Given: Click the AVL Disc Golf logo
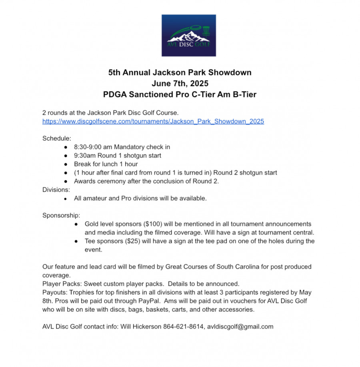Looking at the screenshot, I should point(188,35).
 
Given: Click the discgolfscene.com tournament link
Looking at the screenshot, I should point(153,121).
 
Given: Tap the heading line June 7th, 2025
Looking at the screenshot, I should point(180,84).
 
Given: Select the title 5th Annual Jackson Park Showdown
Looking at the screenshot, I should point(180,73).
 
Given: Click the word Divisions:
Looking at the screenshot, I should point(56,190).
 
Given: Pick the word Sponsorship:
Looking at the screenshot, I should point(61,215).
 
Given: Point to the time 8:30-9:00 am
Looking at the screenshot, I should point(93,147).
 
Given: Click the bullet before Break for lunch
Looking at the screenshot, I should point(66,164).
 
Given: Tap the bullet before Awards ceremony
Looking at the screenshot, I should point(66,181).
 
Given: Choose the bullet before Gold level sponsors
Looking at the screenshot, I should point(76,224).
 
